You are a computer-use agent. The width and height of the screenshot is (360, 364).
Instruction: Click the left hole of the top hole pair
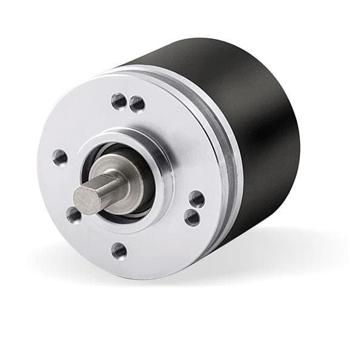click(119, 100)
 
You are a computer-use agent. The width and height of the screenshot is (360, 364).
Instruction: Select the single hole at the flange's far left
click(60, 158)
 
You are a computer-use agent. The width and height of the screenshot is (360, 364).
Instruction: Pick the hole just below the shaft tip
click(74, 214)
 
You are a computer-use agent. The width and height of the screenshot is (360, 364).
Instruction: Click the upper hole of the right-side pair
click(196, 198)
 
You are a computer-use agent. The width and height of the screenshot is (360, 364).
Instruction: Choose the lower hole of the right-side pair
click(192, 217)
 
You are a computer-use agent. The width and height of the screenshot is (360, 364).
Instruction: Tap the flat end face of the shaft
click(85, 199)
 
